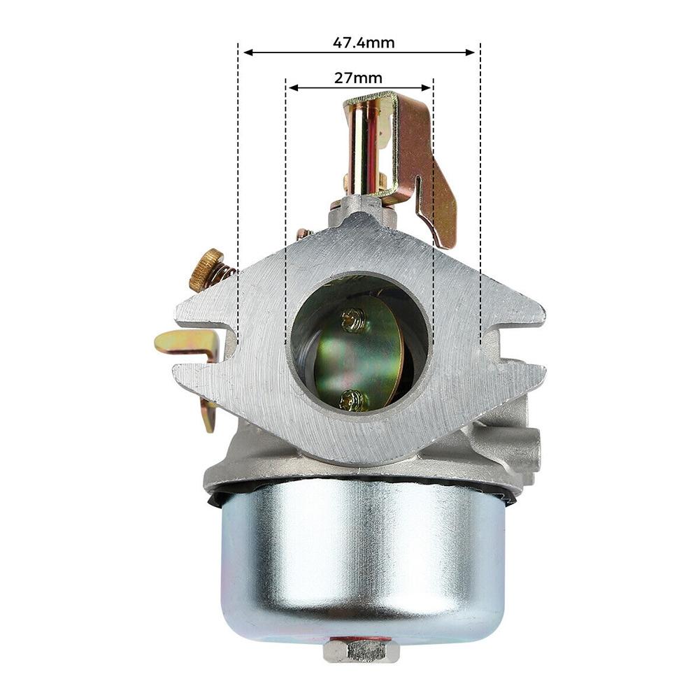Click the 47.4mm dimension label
click(363, 43)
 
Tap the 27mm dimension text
click(358, 78)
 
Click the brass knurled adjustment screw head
click(204, 270)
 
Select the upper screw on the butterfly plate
click(354, 320)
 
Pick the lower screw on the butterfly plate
click(352, 400)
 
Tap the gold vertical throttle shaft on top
click(364, 147)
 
